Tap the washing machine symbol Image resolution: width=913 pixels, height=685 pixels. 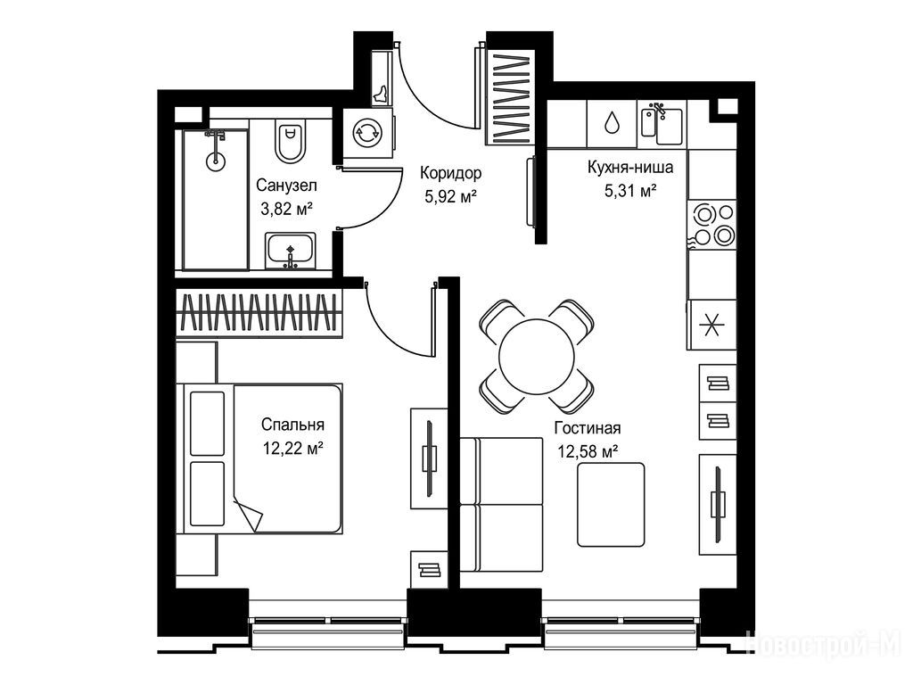tap(367, 133)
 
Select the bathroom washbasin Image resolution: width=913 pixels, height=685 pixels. tap(291, 251)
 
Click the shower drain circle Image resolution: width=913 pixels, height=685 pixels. tap(216, 161)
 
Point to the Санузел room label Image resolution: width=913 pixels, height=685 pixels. tap(286, 186)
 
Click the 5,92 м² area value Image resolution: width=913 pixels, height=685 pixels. tap(450, 196)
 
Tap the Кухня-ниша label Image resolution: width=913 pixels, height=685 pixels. tap(630, 167)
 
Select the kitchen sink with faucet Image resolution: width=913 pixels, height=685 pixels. tap(662, 123)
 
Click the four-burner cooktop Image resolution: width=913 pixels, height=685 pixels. tap(711, 224)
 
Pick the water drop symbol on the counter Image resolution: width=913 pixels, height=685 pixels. tap(612, 122)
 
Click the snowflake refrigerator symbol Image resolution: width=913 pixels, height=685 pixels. tap(711, 325)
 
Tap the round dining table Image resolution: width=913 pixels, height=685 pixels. tap(536, 357)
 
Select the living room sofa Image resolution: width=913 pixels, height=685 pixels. tap(501, 505)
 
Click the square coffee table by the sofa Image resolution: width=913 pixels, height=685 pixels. tap(611, 505)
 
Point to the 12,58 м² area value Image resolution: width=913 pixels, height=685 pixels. tap(588, 451)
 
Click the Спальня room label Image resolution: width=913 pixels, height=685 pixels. tap(292, 425)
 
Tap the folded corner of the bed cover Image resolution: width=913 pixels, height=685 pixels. tap(248, 513)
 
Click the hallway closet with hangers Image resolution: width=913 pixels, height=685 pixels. tap(510, 98)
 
